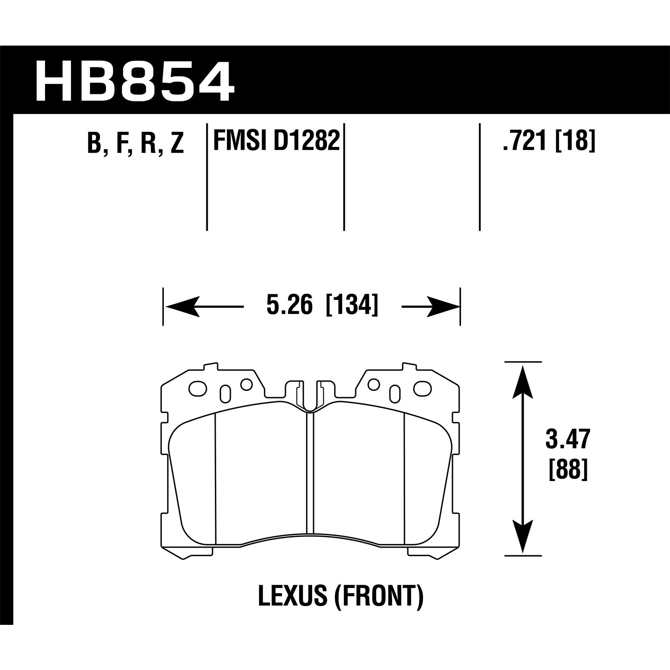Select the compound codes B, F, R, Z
pyautogui.click(x=136, y=143)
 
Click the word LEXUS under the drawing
pyautogui.click(x=293, y=597)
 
